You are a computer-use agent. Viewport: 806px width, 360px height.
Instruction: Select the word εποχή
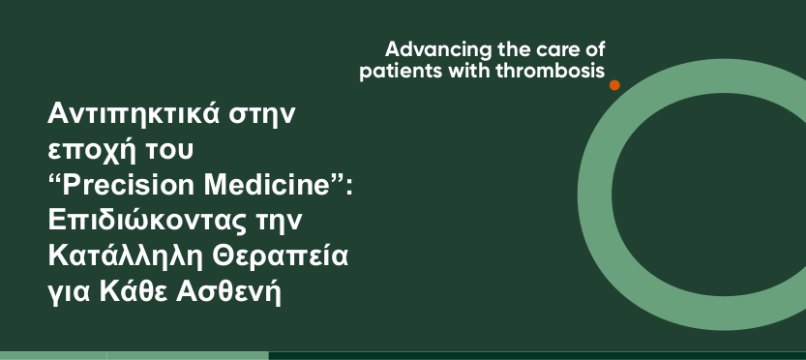point(93,151)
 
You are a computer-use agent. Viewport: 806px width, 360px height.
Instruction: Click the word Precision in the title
point(129,185)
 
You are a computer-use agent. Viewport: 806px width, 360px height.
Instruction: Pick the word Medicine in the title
point(266,185)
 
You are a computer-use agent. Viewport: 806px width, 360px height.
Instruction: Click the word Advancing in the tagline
point(439,50)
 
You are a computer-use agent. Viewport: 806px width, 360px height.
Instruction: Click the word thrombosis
point(551,71)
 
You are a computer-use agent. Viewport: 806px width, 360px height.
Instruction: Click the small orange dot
point(614,85)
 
